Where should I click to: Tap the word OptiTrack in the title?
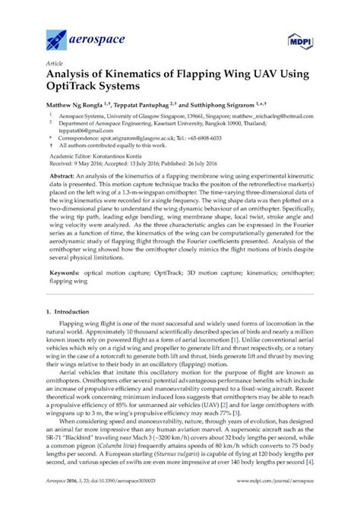(x=77, y=92)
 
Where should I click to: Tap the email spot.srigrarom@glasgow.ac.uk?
(x=147, y=140)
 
